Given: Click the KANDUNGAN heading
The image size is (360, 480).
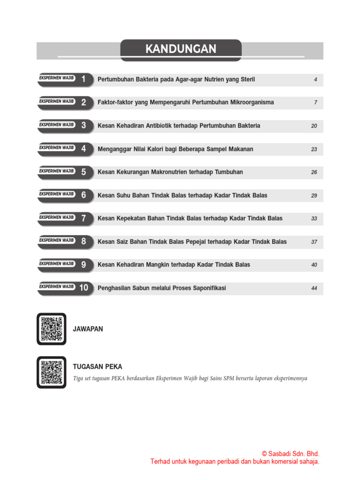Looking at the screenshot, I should pos(180,49).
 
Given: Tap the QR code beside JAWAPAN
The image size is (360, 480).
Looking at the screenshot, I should pos(52,329).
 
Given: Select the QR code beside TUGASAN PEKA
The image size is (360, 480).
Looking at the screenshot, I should pos(52,372).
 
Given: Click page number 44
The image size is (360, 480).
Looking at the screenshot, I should pos(314,288).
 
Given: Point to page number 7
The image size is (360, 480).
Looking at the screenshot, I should pos(315,103).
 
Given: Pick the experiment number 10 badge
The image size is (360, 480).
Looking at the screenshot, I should pos(83,288).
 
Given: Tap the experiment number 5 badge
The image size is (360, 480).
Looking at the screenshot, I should pos(83,172).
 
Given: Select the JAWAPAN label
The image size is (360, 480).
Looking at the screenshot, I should pos(88,329).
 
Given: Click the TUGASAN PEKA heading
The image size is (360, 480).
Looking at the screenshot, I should pos(97,367).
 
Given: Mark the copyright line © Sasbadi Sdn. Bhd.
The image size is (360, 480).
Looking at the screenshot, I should pos(290,454).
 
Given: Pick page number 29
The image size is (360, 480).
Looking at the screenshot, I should pos(314,195).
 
